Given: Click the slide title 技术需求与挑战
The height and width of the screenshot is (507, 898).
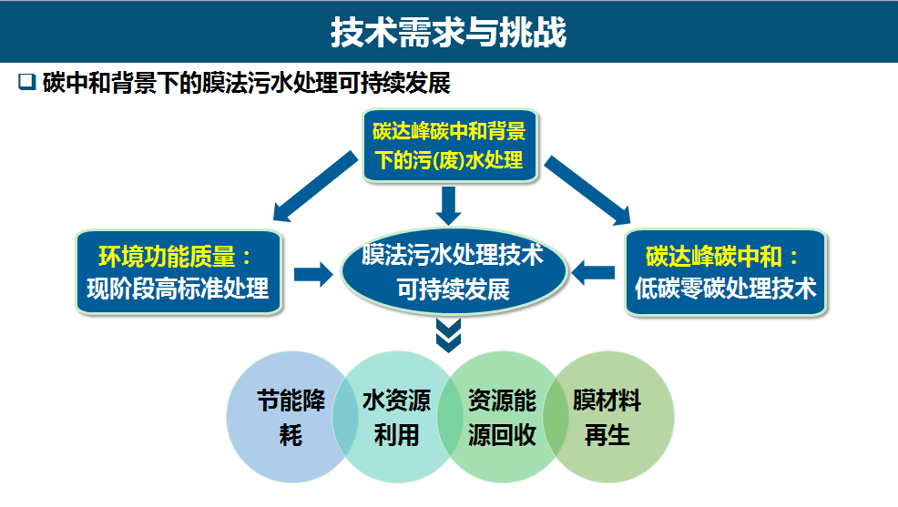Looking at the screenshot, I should [448, 32].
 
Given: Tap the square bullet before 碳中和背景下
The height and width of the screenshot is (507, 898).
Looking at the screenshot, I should [26, 83].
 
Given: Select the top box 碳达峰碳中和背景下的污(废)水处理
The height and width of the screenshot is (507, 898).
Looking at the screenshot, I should [450, 146].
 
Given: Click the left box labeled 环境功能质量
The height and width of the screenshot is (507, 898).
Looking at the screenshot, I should [178, 272].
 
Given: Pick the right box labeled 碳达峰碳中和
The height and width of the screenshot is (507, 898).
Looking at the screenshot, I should [725, 272].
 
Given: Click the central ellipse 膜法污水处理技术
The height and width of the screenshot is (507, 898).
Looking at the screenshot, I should [453, 272].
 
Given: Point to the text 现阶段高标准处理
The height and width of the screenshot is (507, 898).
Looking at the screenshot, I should [178, 289].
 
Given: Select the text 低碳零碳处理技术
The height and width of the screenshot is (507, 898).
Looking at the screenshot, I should [725, 289].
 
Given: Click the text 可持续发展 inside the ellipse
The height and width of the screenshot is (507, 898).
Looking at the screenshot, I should [453, 289].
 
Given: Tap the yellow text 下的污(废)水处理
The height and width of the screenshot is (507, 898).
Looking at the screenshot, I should [450, 161].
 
